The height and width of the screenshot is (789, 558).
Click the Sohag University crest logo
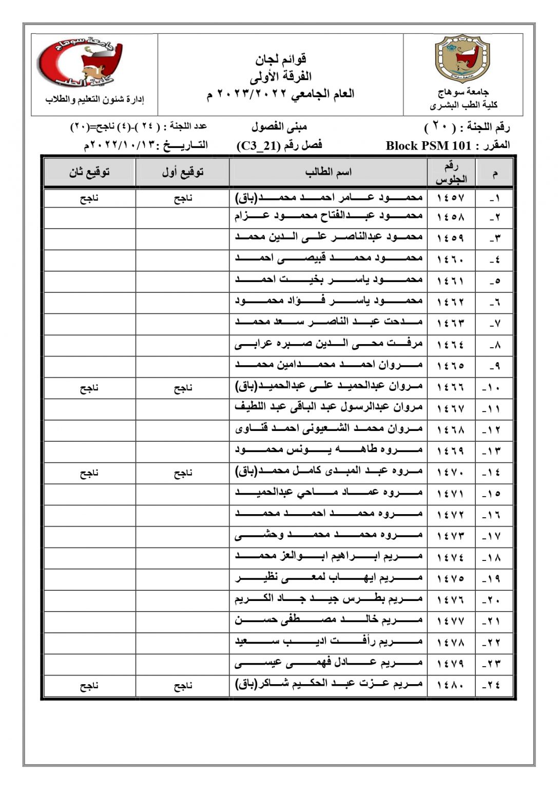tap(463, 59)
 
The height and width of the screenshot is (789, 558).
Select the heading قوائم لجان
tap(281, 59)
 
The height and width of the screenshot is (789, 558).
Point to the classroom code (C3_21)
tap(260, 145)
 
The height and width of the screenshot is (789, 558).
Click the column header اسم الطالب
tap(328, 172)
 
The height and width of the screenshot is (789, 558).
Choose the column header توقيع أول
tap(183, 172)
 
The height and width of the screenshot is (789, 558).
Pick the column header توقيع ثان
tap(89, 172)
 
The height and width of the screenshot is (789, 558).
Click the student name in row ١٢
tap(329, 429)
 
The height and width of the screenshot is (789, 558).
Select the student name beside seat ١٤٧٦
tap(329, 599)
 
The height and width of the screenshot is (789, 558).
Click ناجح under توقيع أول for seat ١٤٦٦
tap(183, 388)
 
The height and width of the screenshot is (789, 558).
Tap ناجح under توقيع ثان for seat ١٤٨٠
tap(89, 685)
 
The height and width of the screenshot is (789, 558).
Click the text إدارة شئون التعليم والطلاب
tap(94, 99)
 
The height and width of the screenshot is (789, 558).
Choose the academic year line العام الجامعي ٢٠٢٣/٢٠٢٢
tap(281, 95)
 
